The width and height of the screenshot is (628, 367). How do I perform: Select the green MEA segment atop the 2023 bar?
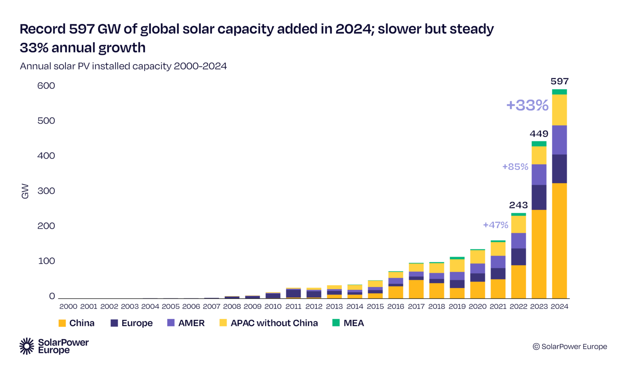[x=539, y=144]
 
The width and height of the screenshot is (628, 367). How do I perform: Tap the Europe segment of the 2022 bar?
[x=518, y=257]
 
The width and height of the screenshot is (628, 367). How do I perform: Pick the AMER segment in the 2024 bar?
[x=559, y=140]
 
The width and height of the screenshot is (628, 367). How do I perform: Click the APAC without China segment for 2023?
[x=539, y=155]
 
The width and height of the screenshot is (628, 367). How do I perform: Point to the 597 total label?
[x=559, y=81]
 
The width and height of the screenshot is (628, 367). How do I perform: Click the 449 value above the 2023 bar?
[x=539, y=134]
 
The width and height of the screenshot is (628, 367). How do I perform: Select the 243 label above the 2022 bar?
[x=518, y=205]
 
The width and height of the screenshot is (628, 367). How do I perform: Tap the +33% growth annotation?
[x=527, y=105]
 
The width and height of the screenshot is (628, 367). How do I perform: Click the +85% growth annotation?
[x=515, y=167]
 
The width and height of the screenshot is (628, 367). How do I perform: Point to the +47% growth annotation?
[x=496, y=225]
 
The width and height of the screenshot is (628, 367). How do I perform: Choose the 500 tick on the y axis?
[x=46, y=121]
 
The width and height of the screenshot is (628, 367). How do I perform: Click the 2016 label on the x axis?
[x=395, y=306]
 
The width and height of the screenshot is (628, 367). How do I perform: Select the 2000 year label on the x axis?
[x=68, y=306]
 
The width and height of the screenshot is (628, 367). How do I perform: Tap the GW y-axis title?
[x=25, y=191]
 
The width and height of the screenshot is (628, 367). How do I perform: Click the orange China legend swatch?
[x=62, y=323]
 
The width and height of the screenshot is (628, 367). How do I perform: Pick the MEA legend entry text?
[x=354, y=323]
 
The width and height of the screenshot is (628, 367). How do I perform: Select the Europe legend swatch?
[x=114, y=323]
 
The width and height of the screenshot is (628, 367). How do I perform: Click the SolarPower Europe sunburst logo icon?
[x=27, y=346]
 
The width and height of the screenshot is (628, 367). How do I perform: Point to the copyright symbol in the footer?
[x=536, y=347]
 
